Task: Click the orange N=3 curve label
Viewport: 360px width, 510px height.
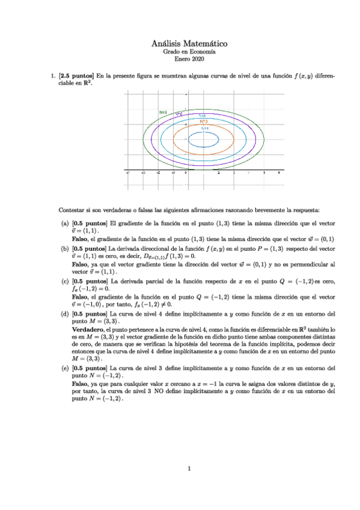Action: click(x=204, y=121)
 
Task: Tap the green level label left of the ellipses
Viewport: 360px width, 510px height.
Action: click(x=162, y=112)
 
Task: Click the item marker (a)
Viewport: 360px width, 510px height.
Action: click(x=64, y=223)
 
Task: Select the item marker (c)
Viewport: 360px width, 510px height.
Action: click(x=64, y=281)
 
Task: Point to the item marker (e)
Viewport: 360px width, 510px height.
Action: click(x=64, y=367)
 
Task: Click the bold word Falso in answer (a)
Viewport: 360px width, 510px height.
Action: click(x=80, y=239)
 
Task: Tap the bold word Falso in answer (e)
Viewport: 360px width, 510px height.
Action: click(x=80, y=383)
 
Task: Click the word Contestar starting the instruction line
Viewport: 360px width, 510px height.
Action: click(x=70, y=209)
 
